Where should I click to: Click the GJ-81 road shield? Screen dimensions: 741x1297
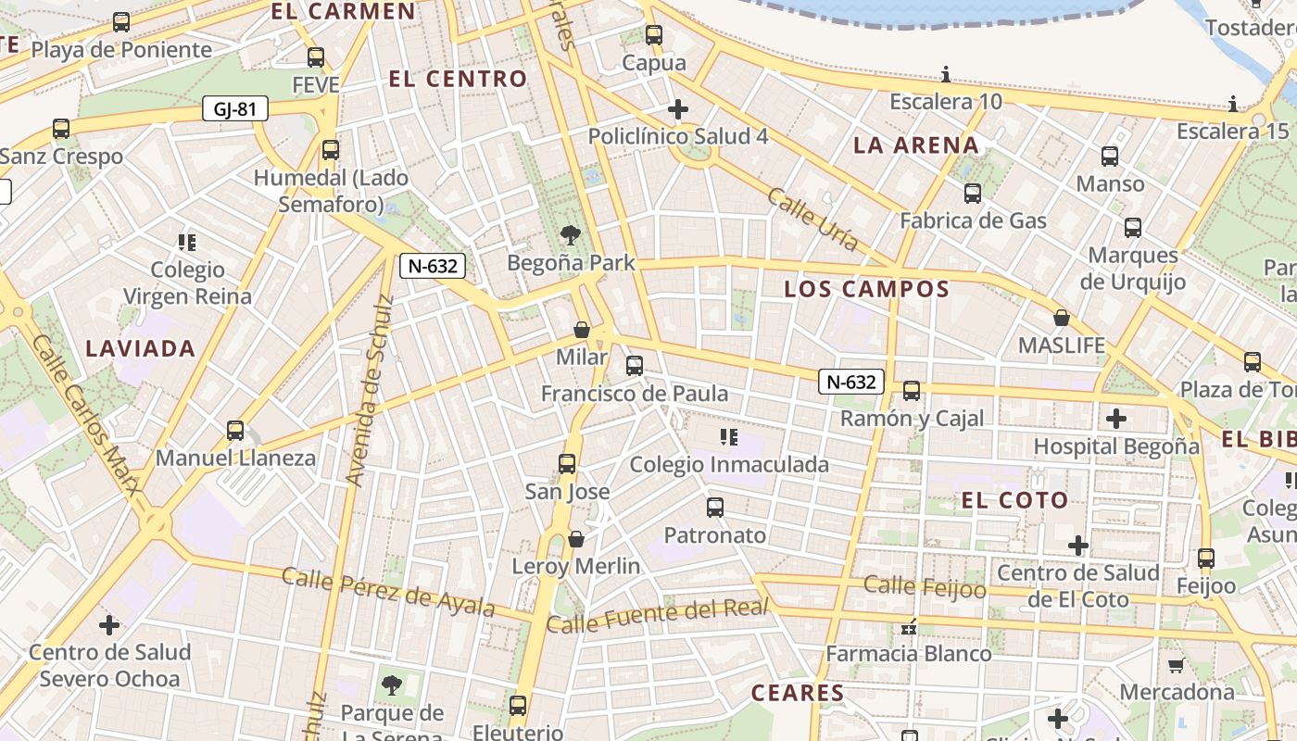click(x=235, y=109)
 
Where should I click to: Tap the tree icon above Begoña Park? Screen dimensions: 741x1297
click(x=571, y=236)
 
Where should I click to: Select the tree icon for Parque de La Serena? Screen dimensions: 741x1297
click(x=392, y=685)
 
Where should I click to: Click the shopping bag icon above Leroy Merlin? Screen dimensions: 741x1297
click(x=576, y=538)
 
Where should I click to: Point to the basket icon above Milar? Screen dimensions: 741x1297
click(x=582, y=330)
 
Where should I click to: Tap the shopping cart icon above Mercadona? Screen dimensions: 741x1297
click(x=1177, y=665)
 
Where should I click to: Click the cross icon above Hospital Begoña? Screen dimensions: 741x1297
click(x=1116, y=419)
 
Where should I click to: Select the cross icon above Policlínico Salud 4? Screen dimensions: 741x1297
click(x=678, y=109)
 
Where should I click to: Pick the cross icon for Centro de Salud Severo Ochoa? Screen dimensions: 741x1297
click(x=109, y=625)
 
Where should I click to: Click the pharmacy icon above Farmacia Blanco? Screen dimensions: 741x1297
click(x=909, y=627)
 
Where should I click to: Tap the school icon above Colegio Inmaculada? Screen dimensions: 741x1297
click(x=729, y=436)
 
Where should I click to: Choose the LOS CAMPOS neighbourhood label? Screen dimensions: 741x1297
click(x=867, y=289)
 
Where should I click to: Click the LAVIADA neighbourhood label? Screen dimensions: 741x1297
click(x=141, y=349)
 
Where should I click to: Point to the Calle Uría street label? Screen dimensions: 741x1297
click(x=813, y=219)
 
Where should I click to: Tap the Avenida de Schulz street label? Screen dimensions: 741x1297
click(x=370, y=391)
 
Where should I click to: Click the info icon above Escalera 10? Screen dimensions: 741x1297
click(x=946, y=74)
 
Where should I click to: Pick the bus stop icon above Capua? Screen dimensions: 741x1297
click(x=654, y=35)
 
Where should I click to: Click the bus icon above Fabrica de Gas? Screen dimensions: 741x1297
click(x=973, y=194)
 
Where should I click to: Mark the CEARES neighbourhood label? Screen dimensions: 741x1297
click(x=798, y=693)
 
